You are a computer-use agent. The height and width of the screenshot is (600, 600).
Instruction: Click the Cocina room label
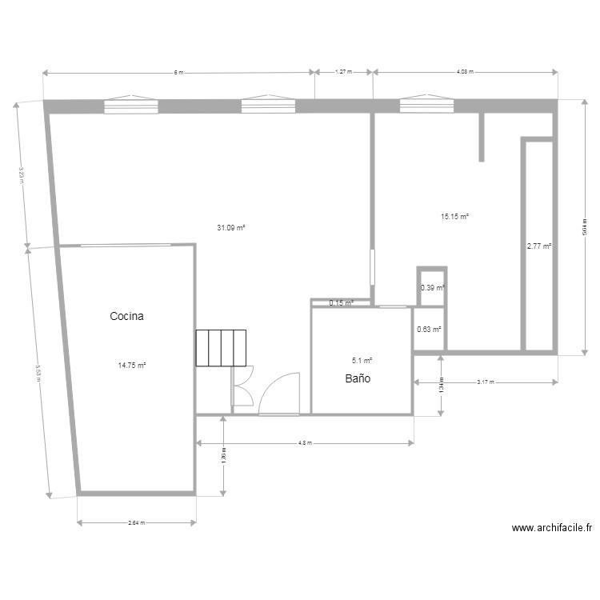[x=126, y=317]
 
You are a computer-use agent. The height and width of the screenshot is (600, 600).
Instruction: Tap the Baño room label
[x=358, y=378]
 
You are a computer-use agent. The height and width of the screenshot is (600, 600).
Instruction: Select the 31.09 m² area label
[x=230, y=228]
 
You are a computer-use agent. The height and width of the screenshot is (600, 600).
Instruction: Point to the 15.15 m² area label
[x=454, y=216]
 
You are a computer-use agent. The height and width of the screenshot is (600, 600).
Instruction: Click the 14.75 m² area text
[x=132, y=366]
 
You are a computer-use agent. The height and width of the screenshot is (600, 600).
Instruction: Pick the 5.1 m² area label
[x=362, y=361]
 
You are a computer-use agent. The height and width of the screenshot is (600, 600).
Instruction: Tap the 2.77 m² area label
[x=538, y=246]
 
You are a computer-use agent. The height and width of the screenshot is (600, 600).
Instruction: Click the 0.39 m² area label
[x=432, y=288]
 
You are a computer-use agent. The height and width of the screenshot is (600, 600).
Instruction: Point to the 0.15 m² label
[x=342, y=303]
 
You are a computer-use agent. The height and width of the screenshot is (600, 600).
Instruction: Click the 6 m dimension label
[x=178, y=72]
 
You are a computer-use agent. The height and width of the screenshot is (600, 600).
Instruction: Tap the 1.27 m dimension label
[x=343, y=72]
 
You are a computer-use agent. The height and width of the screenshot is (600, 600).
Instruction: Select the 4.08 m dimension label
[x=465, y=72]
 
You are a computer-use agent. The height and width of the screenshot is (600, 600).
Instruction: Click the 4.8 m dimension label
[x=305, y=442]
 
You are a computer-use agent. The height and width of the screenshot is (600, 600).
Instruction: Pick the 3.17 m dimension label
[x=485, y=382]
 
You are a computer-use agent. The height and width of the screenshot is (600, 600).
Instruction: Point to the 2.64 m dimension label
[x=136, y=524]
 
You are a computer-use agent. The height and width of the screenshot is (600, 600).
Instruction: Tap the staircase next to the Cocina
[x=218, y=348]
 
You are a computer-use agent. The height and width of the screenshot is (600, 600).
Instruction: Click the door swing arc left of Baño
[x=280, y=393]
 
